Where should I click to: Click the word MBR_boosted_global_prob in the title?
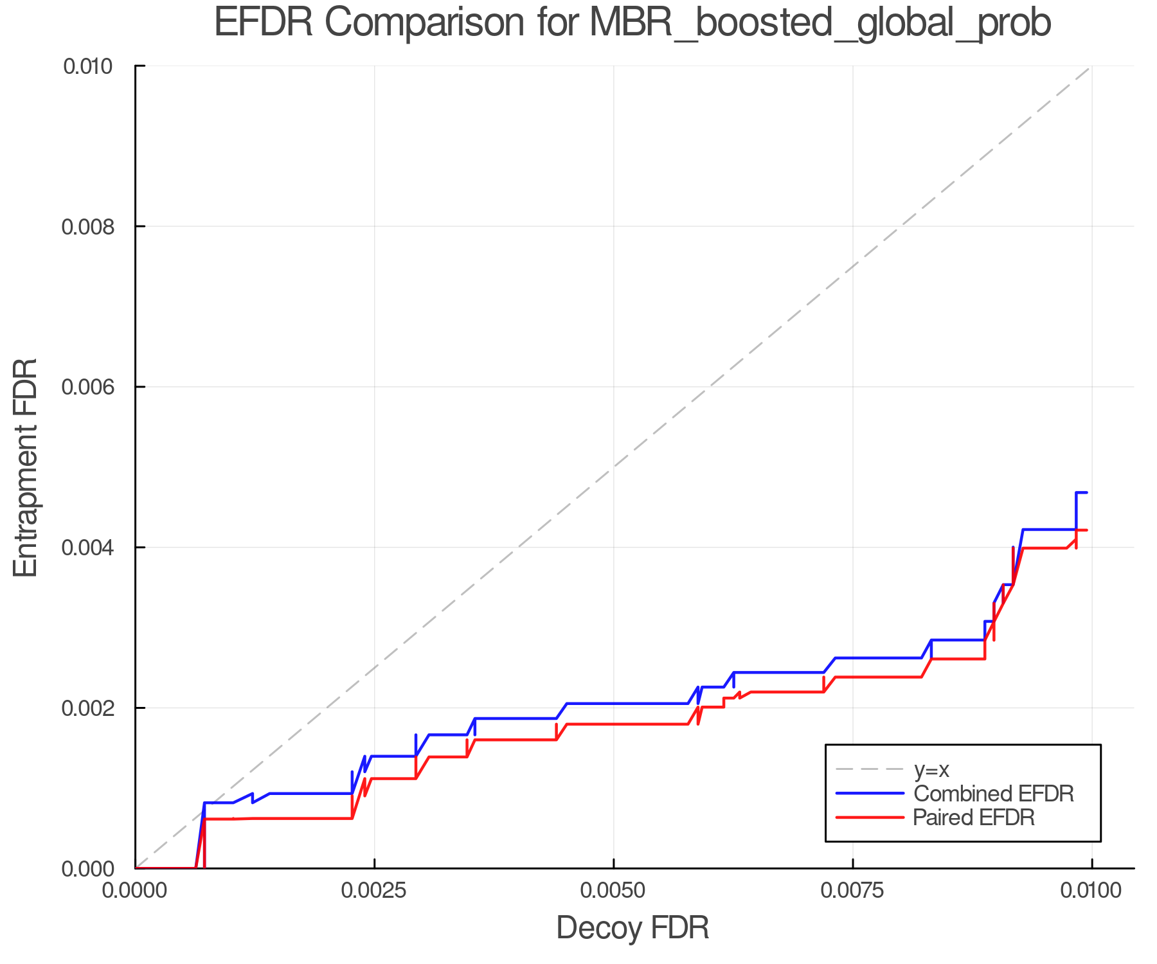[x=820, y=24]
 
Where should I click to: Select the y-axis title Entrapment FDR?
[x=26, y=467]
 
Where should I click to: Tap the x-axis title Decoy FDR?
[x=632, y=928]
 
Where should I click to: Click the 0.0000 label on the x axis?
[x=135, y=891]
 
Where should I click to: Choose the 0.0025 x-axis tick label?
[x=374, y=891]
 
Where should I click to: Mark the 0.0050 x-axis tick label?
[x=614, y=891]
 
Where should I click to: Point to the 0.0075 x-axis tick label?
[x=853, y=891]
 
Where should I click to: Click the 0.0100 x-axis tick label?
[x=1091, y=891]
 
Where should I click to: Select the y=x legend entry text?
[x=931, y=769]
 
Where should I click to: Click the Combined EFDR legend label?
[x=993, y=794]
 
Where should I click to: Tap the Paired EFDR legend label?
[x=974, y=817]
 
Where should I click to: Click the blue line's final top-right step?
[x=1081, y=493]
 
